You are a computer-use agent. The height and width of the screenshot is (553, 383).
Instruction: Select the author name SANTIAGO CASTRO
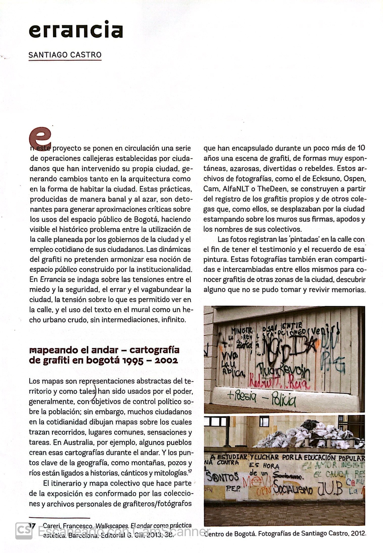click(65, 55)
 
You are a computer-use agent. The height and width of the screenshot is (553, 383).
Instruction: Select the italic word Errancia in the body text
click(53, 279)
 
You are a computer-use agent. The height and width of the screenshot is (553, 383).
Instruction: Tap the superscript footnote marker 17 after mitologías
click(189, 471)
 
